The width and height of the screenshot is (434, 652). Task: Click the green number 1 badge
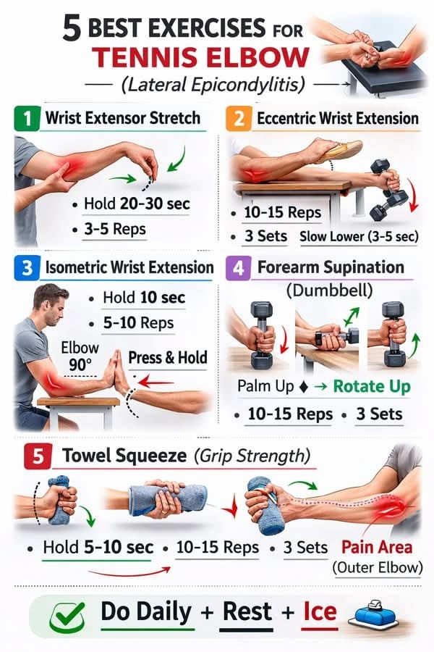(27, 119)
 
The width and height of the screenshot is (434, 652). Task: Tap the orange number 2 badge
(239, 119)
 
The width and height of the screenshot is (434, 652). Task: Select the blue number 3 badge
(27, 268)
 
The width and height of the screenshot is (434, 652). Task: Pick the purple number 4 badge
(238, 268)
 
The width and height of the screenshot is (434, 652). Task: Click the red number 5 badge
(38, 456)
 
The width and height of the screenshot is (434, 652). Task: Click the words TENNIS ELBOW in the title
(201, 57)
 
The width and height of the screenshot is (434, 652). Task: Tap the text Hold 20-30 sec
(137, 204)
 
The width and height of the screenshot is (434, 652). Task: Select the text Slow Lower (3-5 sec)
(359, 237)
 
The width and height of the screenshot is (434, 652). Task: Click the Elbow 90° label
(80, 356)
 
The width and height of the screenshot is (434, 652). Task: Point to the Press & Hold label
(167, 358)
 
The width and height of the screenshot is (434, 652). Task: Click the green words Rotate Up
(372, 386)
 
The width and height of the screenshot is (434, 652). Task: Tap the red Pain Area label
(377, 547)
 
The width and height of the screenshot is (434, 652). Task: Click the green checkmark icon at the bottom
(67, 617)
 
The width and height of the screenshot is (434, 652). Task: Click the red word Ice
(320, 611)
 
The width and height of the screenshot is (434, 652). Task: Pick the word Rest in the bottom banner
(247, 611)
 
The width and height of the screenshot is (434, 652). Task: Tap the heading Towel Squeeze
(124, 456)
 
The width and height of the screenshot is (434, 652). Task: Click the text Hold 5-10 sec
(98, 547)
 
